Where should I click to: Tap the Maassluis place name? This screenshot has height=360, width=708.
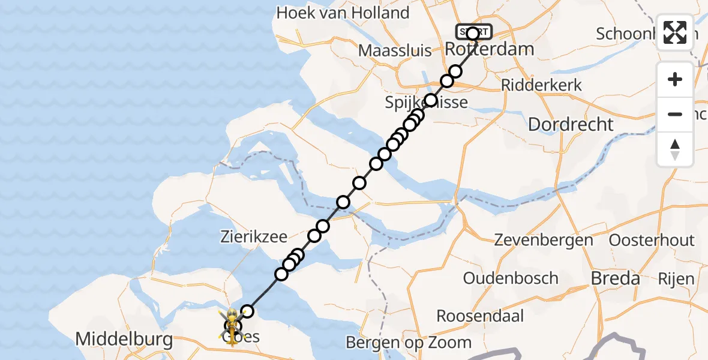click(395, 50)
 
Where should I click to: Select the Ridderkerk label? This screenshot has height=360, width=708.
click(541, 85)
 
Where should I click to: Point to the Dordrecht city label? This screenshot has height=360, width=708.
click(571, 124)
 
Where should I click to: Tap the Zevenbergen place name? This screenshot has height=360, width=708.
click(544, 241)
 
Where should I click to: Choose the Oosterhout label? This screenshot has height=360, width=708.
click(652, 241)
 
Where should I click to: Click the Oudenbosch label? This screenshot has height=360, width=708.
click(511, 278)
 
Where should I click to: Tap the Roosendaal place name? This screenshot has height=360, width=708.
click(480, 316)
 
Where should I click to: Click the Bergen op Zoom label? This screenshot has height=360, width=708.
click(409, 343)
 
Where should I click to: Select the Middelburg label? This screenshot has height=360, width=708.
click(124, 340)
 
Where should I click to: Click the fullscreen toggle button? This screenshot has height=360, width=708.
click(675, 32)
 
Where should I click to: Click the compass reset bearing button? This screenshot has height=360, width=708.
click(675, 149)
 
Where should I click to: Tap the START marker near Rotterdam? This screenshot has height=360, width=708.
click(473, 31)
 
